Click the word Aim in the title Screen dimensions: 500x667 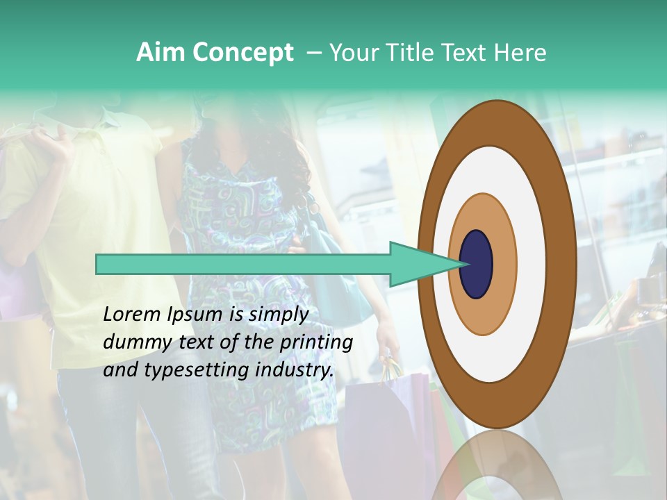point(161,53)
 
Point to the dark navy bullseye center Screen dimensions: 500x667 point(477,265)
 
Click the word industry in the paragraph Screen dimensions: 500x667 point(295,370)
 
